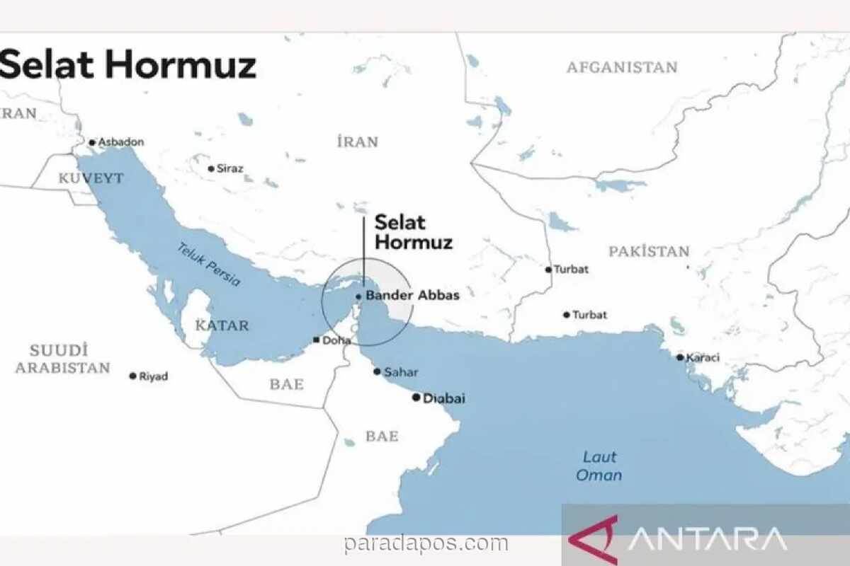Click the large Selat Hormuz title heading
pos(127,65)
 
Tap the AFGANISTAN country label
pos(622,68)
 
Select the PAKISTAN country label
pos(649,251)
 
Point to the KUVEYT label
pos(91,178)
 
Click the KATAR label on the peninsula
pos(222,326)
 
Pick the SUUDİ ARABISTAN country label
pos(63,359)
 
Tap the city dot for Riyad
pos(132,376)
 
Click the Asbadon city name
pos(120,141)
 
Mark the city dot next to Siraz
pos(210,168)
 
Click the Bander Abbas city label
pos(412,296)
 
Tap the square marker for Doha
pos(315,340)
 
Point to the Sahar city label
pos(400,372)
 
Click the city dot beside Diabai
pos(416,398)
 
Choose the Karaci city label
pos(702,357)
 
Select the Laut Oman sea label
pos(599,466)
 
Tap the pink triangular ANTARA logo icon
pos(594,539)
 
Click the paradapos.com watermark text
pos(426,544)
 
